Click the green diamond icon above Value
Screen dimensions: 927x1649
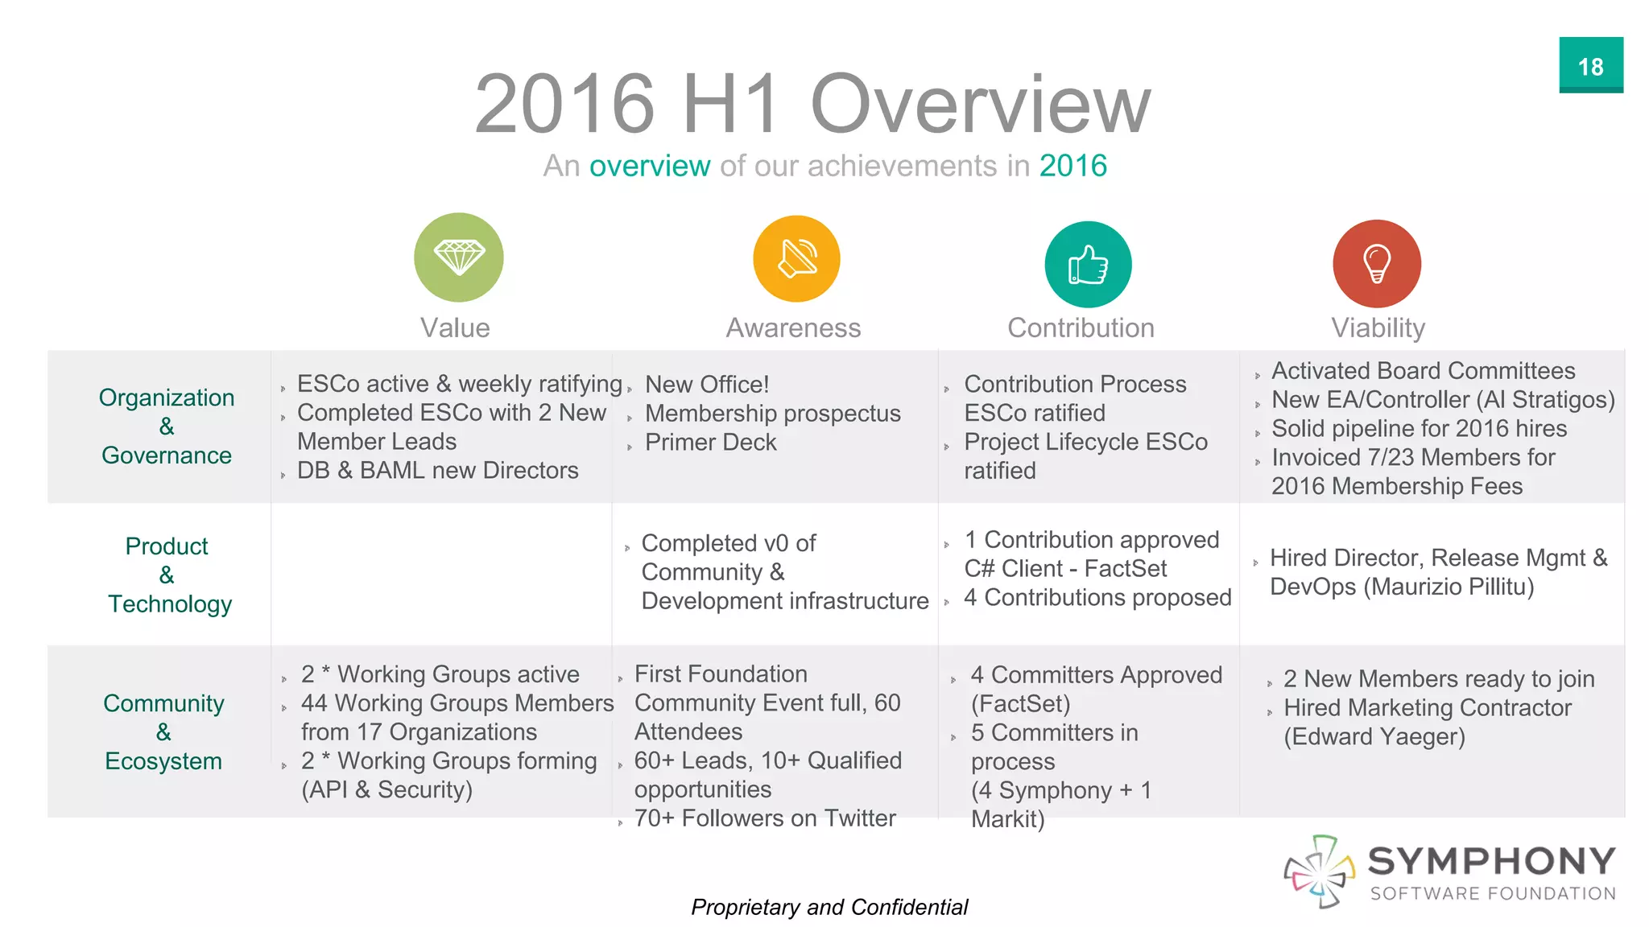(459, 257)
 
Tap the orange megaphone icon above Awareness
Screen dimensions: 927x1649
(796, 259)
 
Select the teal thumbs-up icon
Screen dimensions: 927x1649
(1088, 265)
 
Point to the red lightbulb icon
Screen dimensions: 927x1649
(1377, 264)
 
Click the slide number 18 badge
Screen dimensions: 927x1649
(1590, 66)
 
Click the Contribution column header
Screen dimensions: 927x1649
(1081, 328)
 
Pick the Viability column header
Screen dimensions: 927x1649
(1378, 328)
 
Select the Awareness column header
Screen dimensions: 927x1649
(793, 328)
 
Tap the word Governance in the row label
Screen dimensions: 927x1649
(167, 455)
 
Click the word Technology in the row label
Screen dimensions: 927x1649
(170, 604)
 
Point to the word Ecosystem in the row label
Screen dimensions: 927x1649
(163, 761)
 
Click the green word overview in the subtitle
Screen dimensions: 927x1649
(650, 166)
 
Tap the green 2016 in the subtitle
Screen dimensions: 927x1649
(1072, 166)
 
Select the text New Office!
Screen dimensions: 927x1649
(707, 385)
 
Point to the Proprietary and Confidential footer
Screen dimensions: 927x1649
(829, 908)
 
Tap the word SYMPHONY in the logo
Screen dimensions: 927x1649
(1492, 861)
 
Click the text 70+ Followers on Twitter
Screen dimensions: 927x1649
(765, 818)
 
